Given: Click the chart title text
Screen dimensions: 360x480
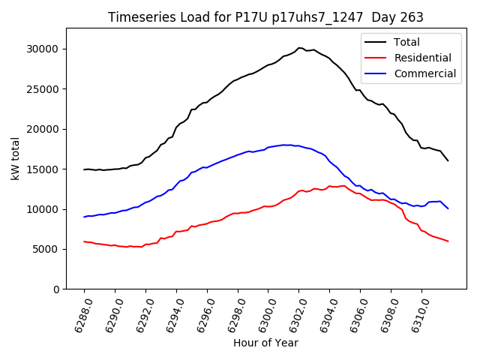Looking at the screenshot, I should pos(265,17).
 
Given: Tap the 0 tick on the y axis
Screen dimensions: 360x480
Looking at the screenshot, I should pos(56,289).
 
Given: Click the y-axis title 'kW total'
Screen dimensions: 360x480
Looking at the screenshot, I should pos(15,158).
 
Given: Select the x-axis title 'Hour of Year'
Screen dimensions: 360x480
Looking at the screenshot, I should pos(265,343).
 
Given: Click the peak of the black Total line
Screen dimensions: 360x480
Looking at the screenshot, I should pos(300,48).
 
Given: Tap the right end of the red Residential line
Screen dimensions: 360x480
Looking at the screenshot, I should pos(448,241).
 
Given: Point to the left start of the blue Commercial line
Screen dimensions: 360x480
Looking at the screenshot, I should pos(84,217).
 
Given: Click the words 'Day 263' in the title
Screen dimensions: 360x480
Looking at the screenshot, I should pos(397,17).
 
